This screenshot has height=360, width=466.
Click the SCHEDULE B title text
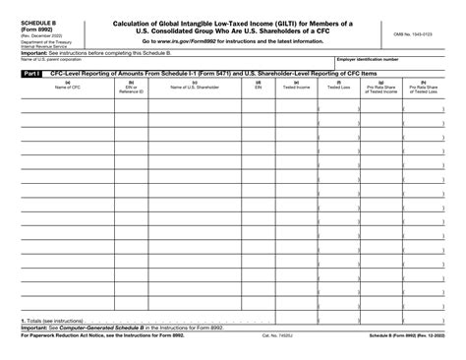point(41,21)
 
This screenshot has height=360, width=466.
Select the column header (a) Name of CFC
point(67,86)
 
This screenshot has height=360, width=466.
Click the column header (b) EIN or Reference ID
point(131,88)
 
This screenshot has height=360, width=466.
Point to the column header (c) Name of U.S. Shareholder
point(195,86)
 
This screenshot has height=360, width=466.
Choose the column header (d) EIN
point(259,86)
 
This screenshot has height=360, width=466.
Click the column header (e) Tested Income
point(296,86)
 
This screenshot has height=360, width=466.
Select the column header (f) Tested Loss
point(339,86)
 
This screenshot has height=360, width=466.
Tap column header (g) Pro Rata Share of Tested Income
point(381,88)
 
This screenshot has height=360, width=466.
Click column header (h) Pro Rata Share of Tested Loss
point(424,88)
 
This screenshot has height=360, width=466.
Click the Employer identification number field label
point(368,59)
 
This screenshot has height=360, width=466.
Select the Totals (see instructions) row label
point(54,321)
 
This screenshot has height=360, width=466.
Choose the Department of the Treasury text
point(43,42)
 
